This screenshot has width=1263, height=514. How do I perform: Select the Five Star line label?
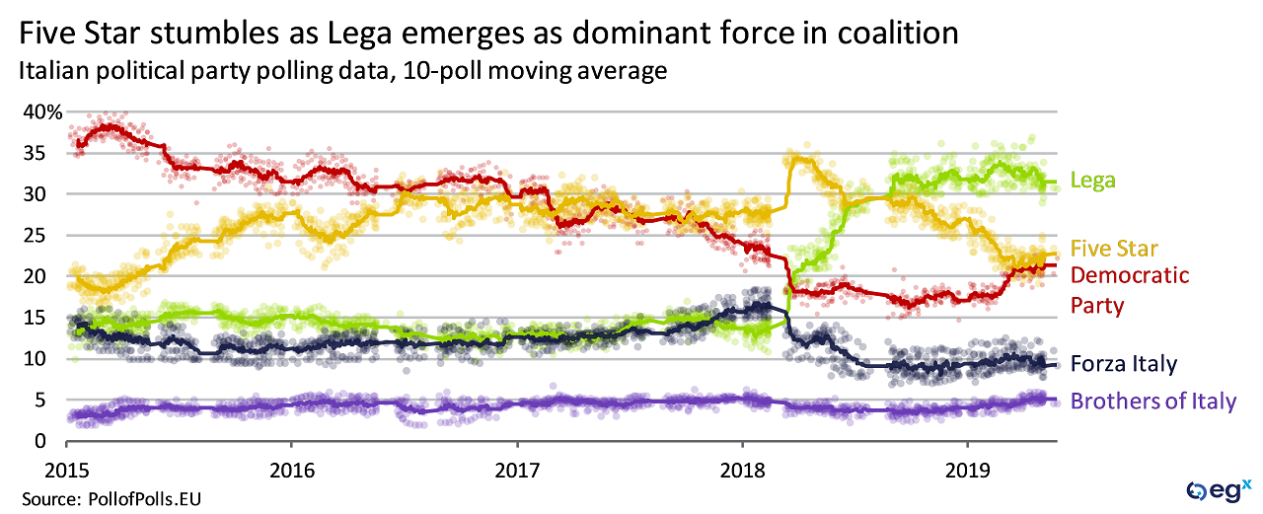point(1115,249)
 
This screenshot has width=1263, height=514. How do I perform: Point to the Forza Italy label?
point(1126,364)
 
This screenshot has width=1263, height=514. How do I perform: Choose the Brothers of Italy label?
point(1153,402)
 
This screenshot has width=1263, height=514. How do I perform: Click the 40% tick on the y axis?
point(42,112)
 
